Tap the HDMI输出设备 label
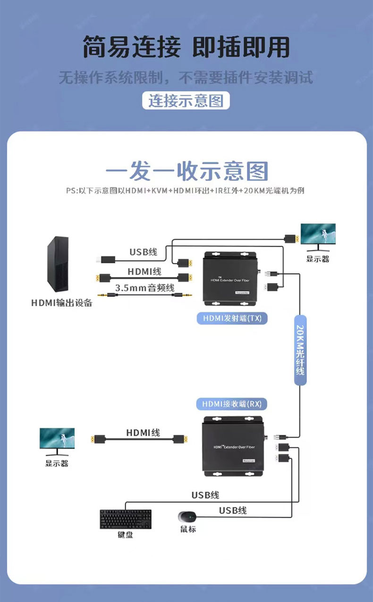click(x=62, y=303)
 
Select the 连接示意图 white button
click(x=186, y=101)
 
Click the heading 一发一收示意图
click(x=186, y=171)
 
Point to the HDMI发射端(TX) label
click(x=232, y=318)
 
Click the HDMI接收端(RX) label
click(x=231, y=404)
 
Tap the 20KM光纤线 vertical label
click(x=300, y=350)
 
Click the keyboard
click(x=126, y=519)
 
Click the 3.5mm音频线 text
click(x=144, y=287)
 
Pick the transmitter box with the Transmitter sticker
click(x=230, y=279)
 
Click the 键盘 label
click(x=126, y=535)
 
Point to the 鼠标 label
click(x=187, y=529)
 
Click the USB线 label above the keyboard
click(x=205, y=495)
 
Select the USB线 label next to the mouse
click(x=232, y=510)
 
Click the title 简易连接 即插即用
click(x=186, y=48)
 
